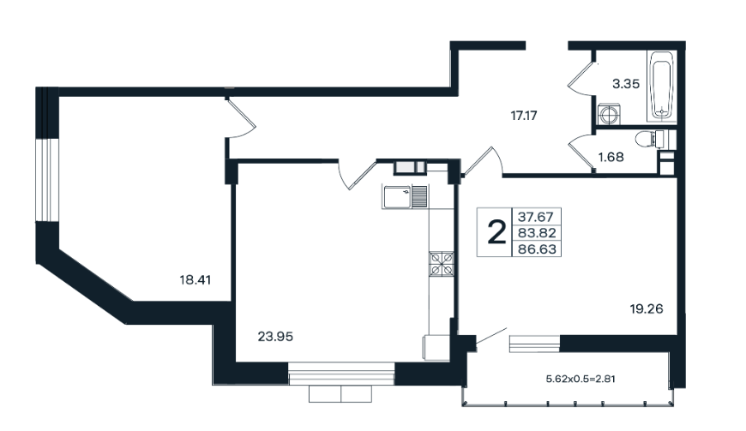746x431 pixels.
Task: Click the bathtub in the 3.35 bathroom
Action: point(661,86)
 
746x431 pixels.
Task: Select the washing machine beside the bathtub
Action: point(608,114)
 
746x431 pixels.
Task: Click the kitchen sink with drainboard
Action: point(405,197)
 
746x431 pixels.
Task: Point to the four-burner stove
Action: point(442,264)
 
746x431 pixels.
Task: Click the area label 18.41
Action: point(195,280)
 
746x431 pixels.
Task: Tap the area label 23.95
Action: point(275,337)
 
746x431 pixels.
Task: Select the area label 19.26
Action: point(647,308)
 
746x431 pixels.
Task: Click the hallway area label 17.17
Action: point(524,116)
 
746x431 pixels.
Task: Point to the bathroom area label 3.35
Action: point(626,84)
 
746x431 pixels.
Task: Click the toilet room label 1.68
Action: point(611,157)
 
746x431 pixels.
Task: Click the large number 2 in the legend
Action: point(496,233)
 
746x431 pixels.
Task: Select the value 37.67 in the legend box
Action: point(536,217)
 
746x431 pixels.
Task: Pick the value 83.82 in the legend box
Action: point(537,233)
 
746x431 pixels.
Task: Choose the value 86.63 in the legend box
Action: point(537,249)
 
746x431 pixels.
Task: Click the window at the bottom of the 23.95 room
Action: point(341,374)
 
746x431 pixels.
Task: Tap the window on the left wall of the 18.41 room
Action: point(47,180)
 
